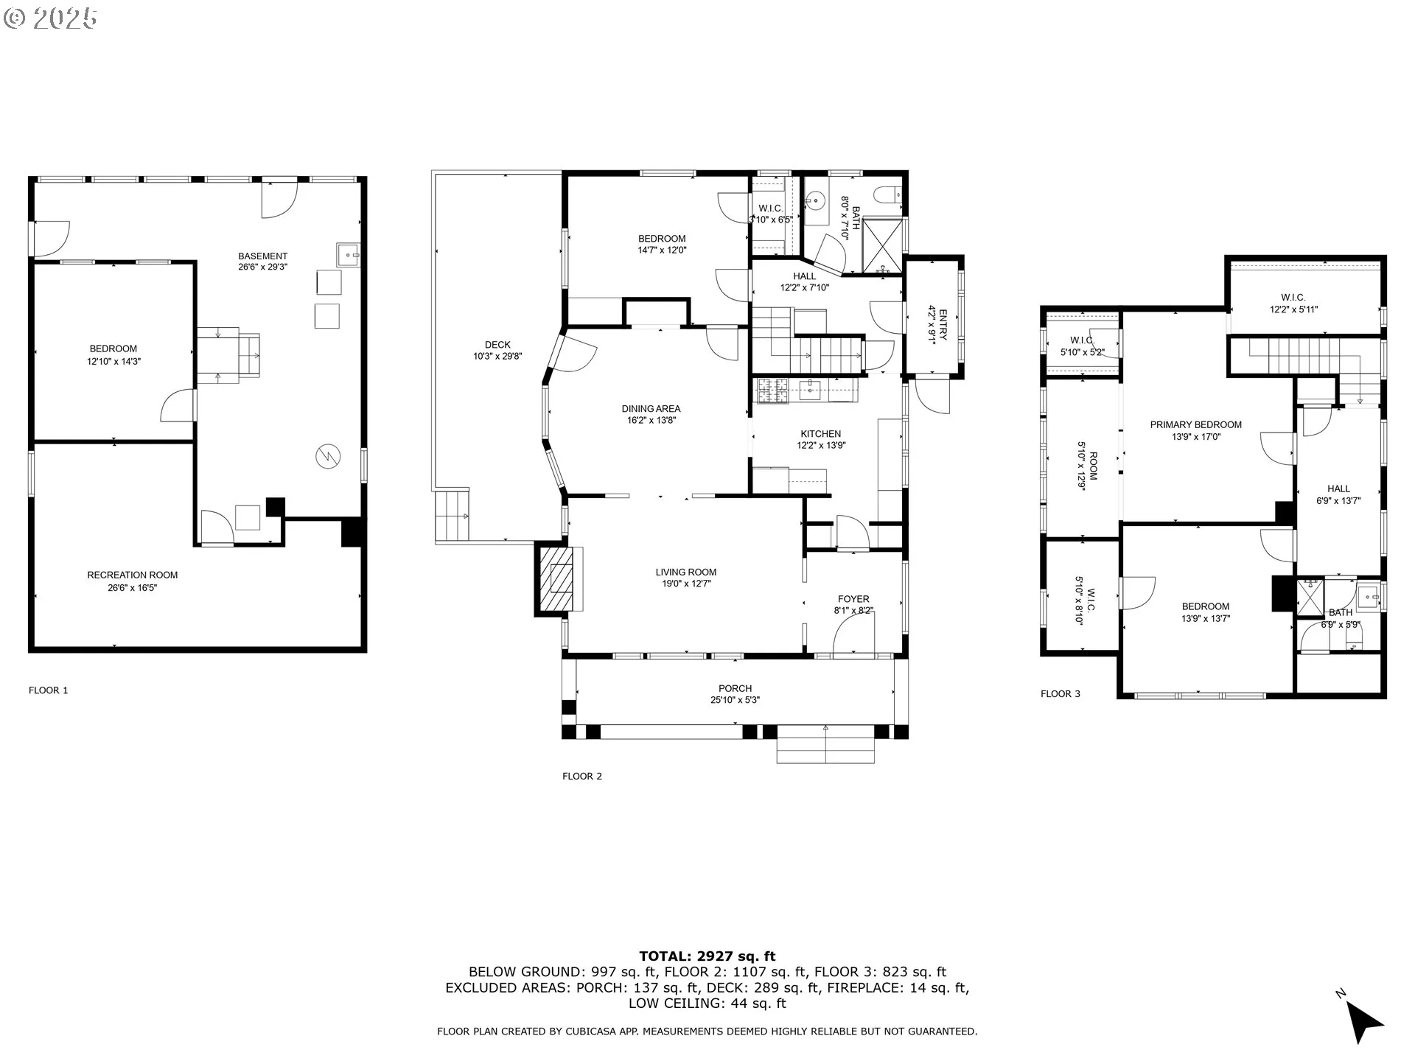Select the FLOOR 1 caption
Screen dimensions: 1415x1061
coord(49,690)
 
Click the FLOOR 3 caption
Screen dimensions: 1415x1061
coord(1061,693)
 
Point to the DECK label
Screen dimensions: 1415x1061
coord(497,345)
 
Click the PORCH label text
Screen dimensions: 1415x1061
coord(736,688)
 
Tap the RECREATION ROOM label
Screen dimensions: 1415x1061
coord(133,575)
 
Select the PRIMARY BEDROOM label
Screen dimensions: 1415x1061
coord(1196,424)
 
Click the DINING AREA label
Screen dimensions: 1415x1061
coord(651,409)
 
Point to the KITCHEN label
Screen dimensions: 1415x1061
coord(821,434)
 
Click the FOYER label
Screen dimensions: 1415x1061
coord(853,599)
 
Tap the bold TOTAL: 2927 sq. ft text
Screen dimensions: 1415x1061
coord(707,956)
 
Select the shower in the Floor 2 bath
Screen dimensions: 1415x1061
coord(882,247)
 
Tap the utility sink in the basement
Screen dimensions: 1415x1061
coord(348,254)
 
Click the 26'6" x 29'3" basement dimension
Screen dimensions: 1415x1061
coord(262,267)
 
